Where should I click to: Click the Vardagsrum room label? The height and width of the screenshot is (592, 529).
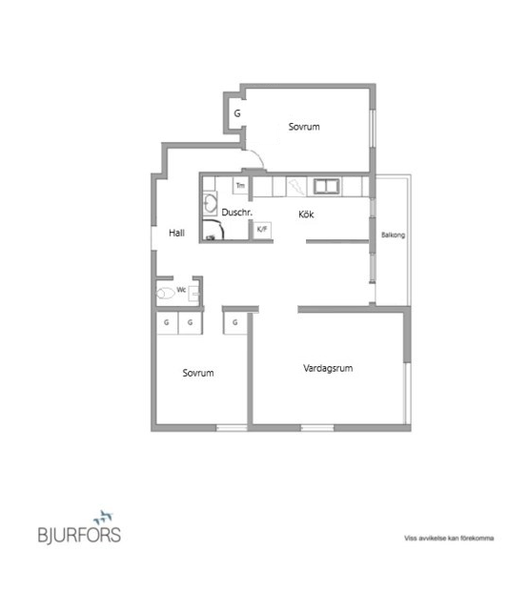click(x=328, y=369)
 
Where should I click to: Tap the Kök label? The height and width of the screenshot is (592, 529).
click(x=306, y=214)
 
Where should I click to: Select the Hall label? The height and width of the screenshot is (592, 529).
click(x=176, y=233)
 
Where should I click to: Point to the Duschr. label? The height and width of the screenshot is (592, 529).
click(x=236, y=213)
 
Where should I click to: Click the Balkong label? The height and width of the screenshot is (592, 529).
click(x=393, y=235)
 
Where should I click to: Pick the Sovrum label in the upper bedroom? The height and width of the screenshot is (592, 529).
click(x=304, y=127)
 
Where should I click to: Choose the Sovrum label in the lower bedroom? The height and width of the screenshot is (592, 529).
click(x=198, y=373)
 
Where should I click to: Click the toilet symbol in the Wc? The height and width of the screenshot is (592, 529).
click(x=165, y=293)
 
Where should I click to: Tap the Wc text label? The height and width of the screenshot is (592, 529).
click(x=181, y=290)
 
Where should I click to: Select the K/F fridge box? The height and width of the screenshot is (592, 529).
click(x=262, y=230)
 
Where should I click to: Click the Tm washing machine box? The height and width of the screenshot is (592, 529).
click(x=240, y=185)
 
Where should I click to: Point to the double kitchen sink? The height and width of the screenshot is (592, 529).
click(x=327, y=186)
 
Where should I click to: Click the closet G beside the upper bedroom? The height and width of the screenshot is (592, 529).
click(x=237, y=113)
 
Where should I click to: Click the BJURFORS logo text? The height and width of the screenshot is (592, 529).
click(x=79, y=535)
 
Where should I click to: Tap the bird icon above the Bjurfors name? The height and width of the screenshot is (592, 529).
click(x=103, y=518)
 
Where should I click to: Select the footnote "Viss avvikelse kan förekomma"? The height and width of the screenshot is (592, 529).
click(x=449, y=538)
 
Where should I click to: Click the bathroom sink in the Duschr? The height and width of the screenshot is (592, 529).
click(x=210, y=204)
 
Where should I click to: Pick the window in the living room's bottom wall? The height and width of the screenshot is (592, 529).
click(x=317, y=428)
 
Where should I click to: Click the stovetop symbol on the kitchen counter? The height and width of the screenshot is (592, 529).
click(x=296, y=187)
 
